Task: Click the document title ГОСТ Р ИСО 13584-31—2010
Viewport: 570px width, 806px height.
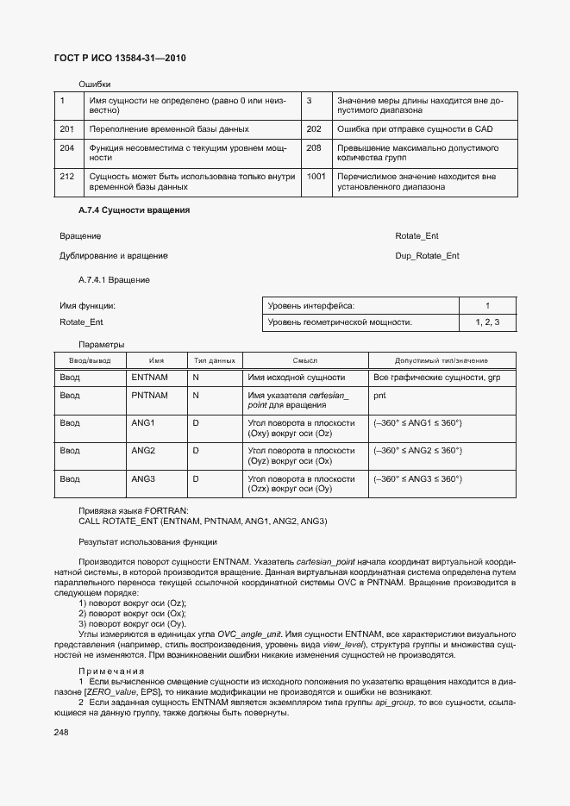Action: pyautogui.click(x=121, y=58)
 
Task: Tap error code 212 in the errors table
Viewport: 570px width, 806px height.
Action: pyautogui.click(x=66, y=176)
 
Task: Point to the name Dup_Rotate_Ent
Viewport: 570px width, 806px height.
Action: pyautogui.click(x=427, y=256)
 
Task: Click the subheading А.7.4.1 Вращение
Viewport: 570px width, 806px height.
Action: pyautogui.click(x=114, y=279)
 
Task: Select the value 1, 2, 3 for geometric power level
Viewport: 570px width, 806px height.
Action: pyautogui.click(x=487, y=322)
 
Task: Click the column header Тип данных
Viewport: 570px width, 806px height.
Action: pyautogui.click(x=214, y=360)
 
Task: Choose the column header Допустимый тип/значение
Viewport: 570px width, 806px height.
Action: pyautogui.click(x=441, y=360)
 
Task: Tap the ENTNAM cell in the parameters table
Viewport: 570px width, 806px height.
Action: pyautogui.click(x=149, y=378)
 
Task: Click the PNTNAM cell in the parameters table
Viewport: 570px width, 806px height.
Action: pyautogui.click(x=149, y=396)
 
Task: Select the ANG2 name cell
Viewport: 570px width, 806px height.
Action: pyautogui.click(x=143, y=451)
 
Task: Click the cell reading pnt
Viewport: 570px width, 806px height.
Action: pyautogui.click(x=379, y=396)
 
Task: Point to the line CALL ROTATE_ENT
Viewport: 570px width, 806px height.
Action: pyautogui.click(x=203, y=522)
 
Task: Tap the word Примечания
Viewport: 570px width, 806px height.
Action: pyautogui.click(x=112, y=671)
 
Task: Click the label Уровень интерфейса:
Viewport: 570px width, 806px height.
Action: pyautogui.click(x=311, y=306)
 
